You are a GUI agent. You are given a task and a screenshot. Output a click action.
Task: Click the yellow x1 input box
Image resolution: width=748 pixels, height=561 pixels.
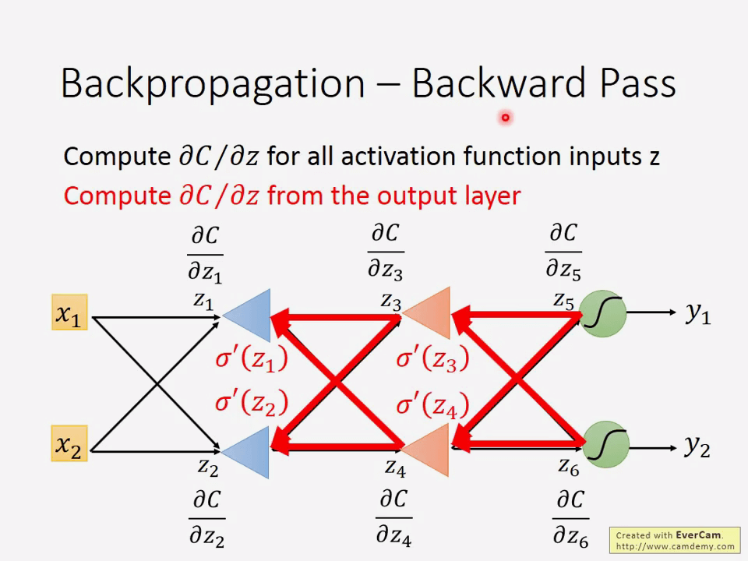click(69, 313)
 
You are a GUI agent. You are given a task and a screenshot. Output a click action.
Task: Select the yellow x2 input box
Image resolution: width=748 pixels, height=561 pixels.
click(69, 444)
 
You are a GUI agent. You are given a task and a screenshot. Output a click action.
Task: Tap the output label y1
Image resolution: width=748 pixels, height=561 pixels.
click(697, 313)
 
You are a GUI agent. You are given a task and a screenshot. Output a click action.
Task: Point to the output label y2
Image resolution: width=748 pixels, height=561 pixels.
click(697, 446)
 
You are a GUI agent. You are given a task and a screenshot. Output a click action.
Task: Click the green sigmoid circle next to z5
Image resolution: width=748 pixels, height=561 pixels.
click(604, 313)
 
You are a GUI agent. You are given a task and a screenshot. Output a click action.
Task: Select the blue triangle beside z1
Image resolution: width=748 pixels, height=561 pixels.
click(251, 314)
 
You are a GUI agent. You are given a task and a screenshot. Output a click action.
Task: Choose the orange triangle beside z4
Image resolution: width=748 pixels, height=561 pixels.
click(430, 450)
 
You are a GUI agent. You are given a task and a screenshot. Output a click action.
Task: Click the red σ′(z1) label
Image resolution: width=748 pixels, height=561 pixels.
click(252, 358)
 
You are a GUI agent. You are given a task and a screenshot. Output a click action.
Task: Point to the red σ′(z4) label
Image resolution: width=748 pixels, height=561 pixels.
click(432, 405)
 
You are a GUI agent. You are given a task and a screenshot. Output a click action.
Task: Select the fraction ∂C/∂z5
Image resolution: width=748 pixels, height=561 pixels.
click(563, 252)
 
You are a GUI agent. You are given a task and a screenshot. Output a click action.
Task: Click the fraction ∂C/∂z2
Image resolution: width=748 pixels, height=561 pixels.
click(206, 517)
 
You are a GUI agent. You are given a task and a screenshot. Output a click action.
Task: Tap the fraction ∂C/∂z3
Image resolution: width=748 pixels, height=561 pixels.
click(386, 252)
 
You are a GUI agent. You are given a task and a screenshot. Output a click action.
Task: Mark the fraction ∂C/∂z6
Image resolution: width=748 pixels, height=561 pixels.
click(570, 517)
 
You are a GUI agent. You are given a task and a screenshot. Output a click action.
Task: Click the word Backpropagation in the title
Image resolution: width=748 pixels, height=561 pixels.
click(212, 83)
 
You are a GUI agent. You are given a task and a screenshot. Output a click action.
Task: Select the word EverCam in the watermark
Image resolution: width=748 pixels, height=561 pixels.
click(698, 535)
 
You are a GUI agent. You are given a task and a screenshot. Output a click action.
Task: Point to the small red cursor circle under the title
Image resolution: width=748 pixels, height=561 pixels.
click(505, 118)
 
